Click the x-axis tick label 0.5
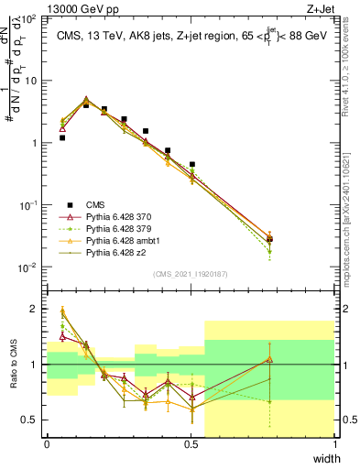tap(191, 444)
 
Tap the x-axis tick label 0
tap(47, 444)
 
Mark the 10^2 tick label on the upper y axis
tap(28, 19)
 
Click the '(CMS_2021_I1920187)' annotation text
tap(191, 274)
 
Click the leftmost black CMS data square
tap(61, 137)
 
